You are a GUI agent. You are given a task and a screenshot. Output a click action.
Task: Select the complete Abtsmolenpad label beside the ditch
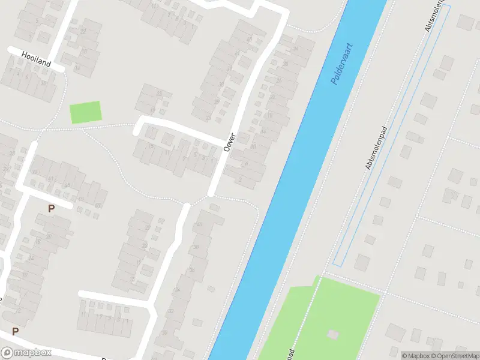(x=377, y=148)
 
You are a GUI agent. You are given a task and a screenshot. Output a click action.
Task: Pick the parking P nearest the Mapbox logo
(x=15, y=331)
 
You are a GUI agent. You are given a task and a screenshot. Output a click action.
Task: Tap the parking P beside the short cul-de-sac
(x=51, y=208)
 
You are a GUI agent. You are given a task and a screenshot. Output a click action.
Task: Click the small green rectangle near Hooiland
(x=86, y=112)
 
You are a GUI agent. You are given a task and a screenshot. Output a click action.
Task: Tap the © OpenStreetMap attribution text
(x=454, y=356)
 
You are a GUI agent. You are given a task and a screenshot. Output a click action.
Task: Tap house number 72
(x=18, y=310)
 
